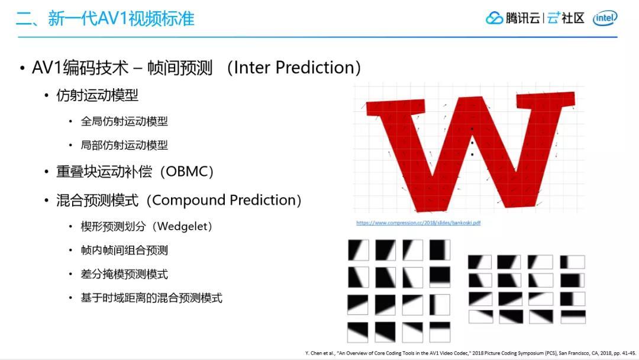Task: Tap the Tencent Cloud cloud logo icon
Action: (x=494, y=18)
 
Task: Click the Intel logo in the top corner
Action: (x=605, y=18)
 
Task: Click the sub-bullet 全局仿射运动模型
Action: (x=124, y=121)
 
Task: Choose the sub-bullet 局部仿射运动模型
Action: (x=124, y=145)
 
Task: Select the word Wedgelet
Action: (x=176, y=227)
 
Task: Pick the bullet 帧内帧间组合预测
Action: (x=124, y=250)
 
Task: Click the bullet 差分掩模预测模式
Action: (x=124, y=274)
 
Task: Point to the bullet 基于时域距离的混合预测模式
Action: (x=151, y=298)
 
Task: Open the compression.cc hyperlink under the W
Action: (x=418, y=223)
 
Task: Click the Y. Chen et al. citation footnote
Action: (x=470, y=353)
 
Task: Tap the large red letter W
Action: (x=470, y=148)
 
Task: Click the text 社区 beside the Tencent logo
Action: (x=573, y=18)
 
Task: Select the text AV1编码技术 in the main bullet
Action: (x=80, y=67)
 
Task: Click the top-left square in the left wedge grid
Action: (x=358, y=250)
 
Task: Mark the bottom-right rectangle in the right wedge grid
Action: (x=573, y=317)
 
